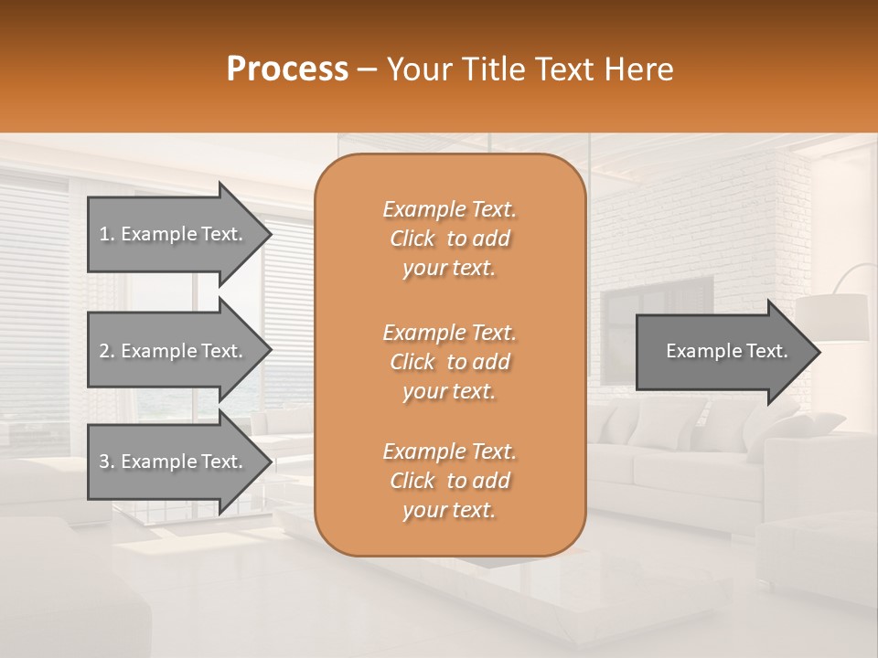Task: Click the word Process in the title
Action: click(287, 69)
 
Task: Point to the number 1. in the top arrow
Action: click(106, 234)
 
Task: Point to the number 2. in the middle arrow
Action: click(106, 351)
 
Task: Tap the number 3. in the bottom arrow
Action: click(106, 462)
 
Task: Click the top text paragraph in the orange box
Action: click(449, 239)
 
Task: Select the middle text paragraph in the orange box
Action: click(449, 362)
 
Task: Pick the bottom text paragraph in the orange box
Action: click(449, 481)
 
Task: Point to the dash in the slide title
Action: click(368, 70)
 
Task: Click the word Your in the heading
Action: click(418, 69)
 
